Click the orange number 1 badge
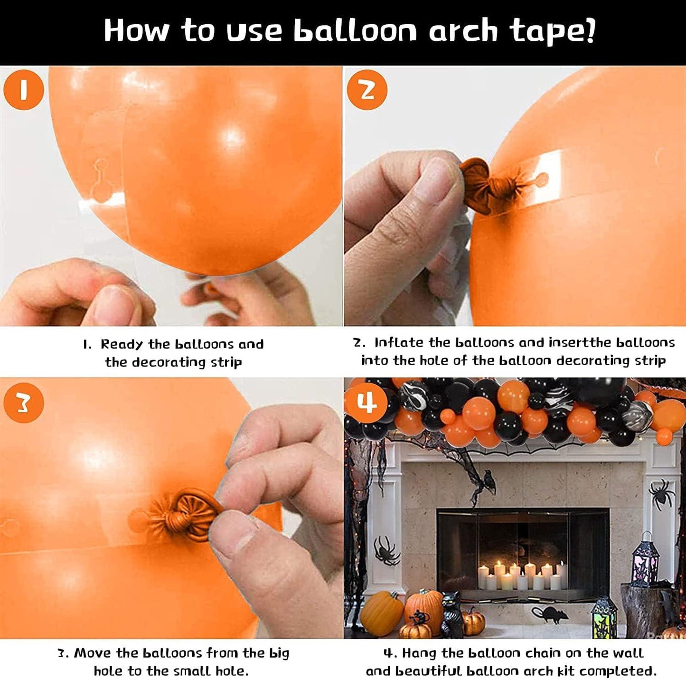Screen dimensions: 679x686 click(x=23, y=90)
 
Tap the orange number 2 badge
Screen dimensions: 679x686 click(x=366, y=90)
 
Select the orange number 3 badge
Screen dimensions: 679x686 click(x=23, y=403)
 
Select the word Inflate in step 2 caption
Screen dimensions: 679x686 click(x=398, y=342)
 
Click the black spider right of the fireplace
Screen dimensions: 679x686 click(x=661, y=493)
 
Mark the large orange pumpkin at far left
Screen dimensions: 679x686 click(x=382, y=613)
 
